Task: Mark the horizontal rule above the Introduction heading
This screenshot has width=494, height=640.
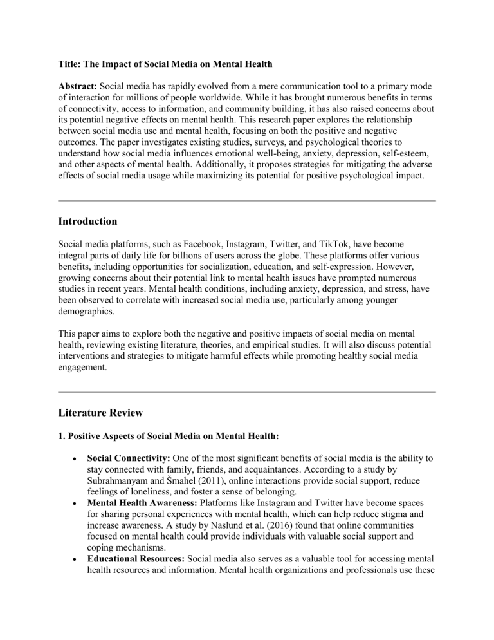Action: click(246, 201)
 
